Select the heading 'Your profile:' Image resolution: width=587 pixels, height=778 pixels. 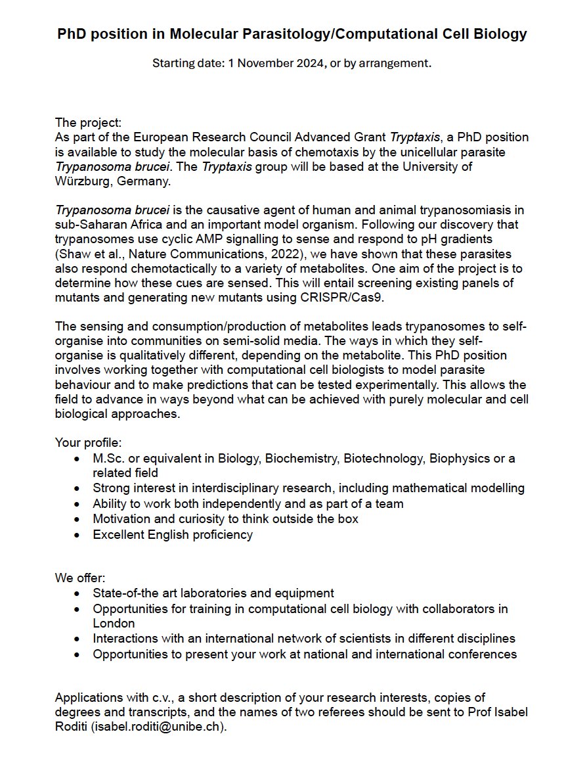[x=89, y=443]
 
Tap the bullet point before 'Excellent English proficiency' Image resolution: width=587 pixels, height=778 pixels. [x=78, y=535]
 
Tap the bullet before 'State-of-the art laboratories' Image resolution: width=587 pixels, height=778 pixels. [x=78, y=593]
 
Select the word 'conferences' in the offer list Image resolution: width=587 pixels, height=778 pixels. [x=487, y=654]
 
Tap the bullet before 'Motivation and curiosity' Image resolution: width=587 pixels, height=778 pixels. [x=78, y=519]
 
